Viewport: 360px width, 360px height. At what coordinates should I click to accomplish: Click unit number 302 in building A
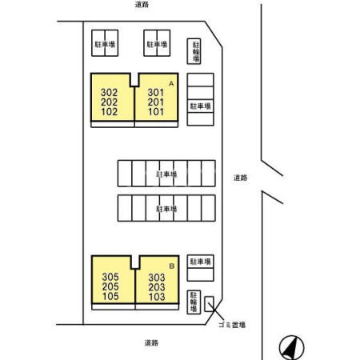click(x=109, y=93)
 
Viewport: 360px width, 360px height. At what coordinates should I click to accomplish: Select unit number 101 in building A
click(x=156, y=112)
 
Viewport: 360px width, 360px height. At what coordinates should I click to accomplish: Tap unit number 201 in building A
click(x=156, y=102)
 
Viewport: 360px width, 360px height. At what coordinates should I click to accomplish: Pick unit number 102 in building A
click(x=109, y=112)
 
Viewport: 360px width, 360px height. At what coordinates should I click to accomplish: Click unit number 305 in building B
click(x=110, y=277)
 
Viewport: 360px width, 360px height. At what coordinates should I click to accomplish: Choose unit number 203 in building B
click(x=157, y=287)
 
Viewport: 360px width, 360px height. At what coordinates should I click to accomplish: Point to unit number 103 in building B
click(x=157, y=297)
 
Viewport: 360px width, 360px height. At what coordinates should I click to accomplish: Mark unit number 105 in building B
click(x=110, y=296)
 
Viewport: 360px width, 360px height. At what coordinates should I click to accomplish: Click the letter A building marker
click(x=171, y=84)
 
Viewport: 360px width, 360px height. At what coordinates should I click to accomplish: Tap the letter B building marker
click(x=172, y=266)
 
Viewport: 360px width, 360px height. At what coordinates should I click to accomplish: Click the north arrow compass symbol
click(x=292, y=348)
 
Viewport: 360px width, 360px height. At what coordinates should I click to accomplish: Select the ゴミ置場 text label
click(x=232, y=325)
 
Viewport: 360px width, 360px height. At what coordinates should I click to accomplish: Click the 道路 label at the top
click(x=142, y=4)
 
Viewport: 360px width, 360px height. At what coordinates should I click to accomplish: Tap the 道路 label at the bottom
click(x=151, y=342)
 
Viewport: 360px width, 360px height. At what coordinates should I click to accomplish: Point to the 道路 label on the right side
click(x=241, y=178)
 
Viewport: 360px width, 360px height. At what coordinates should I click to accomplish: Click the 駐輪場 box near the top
click(x=194, y=51)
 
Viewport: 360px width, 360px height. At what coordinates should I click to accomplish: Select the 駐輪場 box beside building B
click(x=194, y=302)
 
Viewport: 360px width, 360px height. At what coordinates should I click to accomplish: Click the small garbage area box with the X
click(x=209, y=304)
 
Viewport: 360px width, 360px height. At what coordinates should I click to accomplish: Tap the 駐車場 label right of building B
click(x=200, y=262)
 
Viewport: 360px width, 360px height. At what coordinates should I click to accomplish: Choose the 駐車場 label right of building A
click(x=200, y=106)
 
